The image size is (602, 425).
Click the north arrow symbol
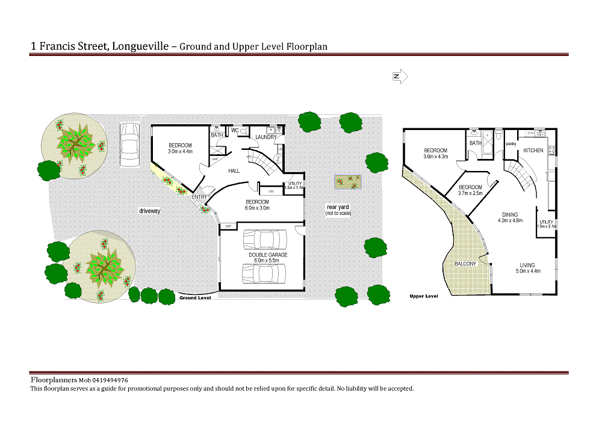400,76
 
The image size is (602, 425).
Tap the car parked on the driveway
129,139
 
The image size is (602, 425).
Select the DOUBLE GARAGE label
268,255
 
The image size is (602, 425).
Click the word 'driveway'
149,211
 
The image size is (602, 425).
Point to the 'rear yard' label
337,207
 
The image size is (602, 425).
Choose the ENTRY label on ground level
199,197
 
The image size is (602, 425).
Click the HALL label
234,171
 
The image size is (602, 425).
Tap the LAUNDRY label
265,137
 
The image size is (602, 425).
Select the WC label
235,131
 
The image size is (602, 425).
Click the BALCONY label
465,264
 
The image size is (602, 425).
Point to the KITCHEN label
533,150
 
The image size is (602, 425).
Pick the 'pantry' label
511,144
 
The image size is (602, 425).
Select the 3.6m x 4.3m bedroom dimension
436,157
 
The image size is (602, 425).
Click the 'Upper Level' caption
423,296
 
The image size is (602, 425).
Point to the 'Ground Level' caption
195,298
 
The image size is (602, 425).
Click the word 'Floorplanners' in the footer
54,380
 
